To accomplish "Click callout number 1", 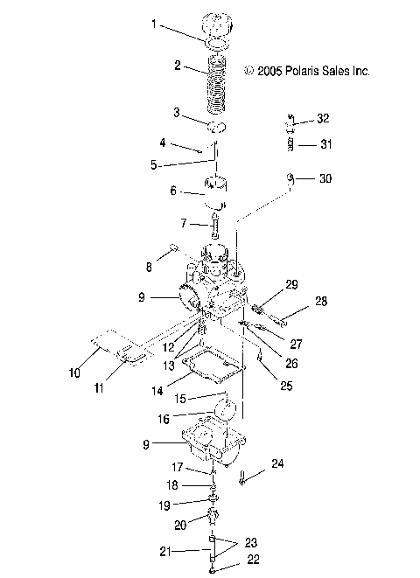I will pos(155,24).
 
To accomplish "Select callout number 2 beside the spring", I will pos(178,66).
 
